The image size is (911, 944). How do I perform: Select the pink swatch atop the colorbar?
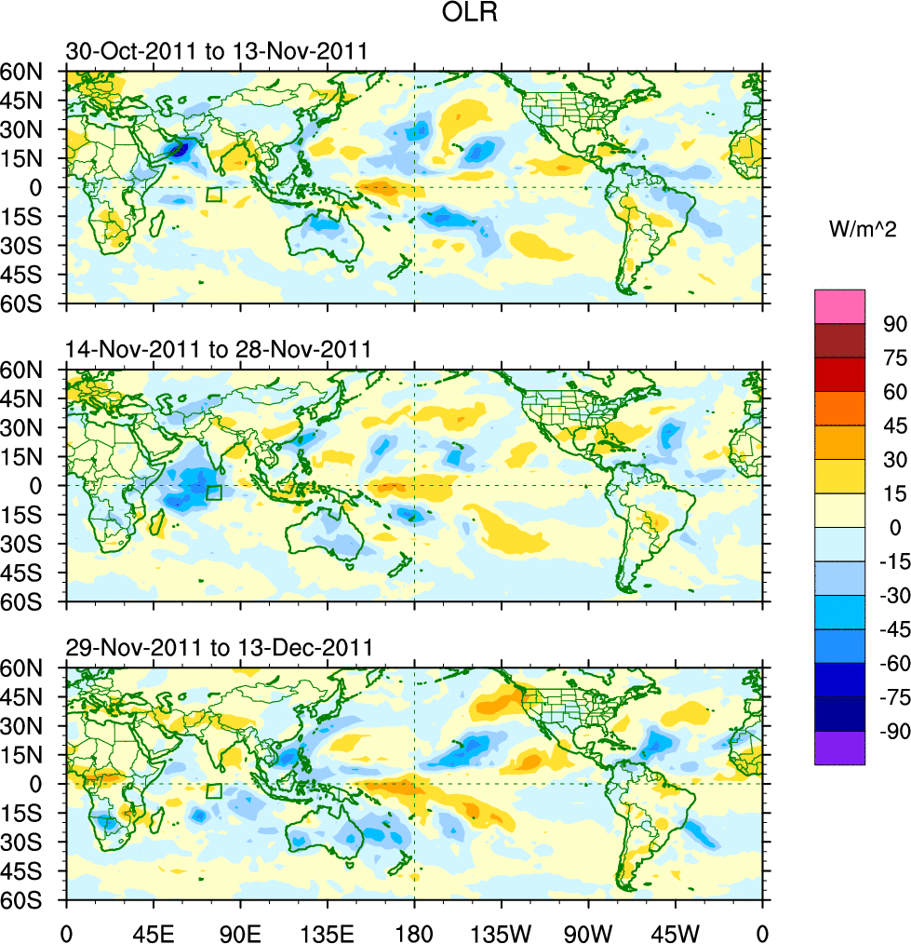point(839,306)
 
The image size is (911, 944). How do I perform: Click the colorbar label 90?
point(892,323)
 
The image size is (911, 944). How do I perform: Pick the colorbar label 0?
point(892,528)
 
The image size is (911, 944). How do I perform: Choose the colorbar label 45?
point(892,425)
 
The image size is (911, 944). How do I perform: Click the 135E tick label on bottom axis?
point(327,931)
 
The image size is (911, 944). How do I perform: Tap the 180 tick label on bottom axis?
point(414,931)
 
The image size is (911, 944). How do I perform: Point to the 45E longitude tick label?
point(153,931)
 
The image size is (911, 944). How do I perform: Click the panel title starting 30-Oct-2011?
point(216,51)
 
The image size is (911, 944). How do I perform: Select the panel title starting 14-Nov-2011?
point(219,349)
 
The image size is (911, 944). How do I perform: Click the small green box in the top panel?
point(214,195)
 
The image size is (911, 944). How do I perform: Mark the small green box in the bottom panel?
point(214,790)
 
